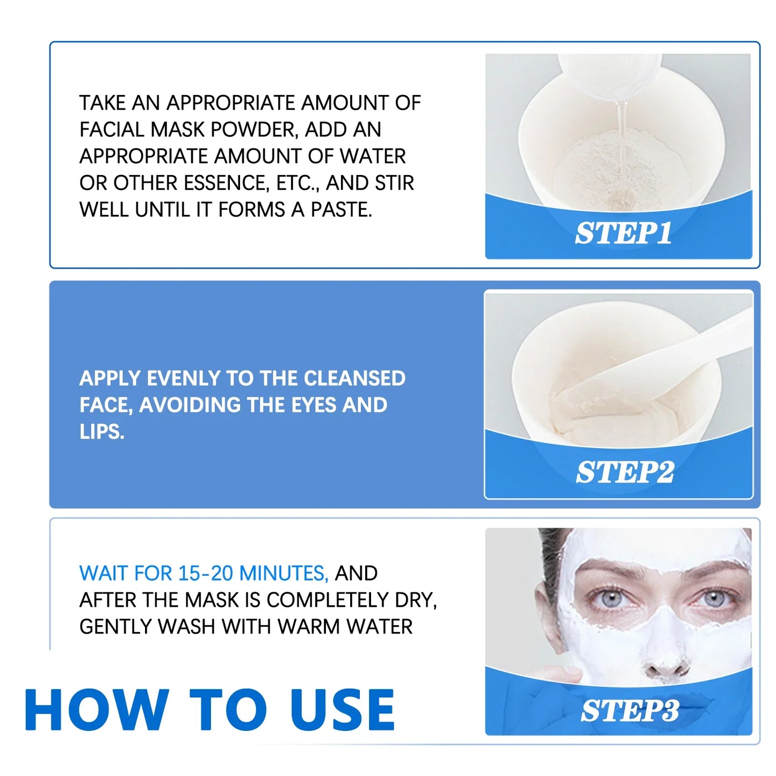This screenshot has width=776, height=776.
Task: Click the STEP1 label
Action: (623, 233)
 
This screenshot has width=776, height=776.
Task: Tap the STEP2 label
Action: (625, 472)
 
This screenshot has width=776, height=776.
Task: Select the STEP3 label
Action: (629, 710)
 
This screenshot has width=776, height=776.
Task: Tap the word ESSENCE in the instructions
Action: (226, 183)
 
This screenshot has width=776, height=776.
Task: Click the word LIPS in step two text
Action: (101, 431)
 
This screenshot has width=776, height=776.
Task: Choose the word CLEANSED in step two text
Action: (354, 378)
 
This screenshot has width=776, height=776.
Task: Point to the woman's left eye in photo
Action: (714, 598)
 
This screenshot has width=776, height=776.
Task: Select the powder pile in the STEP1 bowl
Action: (612, 172)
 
